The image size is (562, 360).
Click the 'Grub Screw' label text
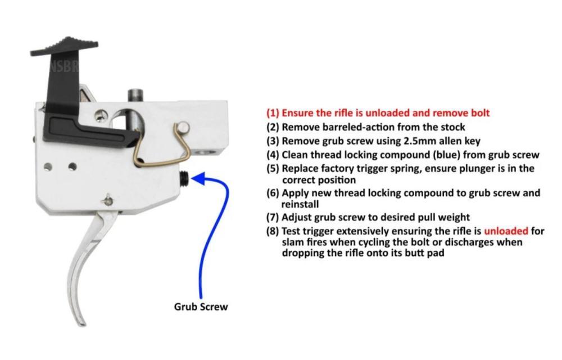(x=201, y=307)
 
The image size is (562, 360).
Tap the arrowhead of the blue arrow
(x=198, y=178)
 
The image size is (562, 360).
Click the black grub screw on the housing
(x=184, y=177)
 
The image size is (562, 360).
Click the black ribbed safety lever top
(x=64, y=46)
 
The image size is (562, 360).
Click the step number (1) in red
(x=273, y=113)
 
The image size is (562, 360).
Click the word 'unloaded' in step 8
(x=506, y=231)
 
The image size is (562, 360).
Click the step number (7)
(x=273, y=217)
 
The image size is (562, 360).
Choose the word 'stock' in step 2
(x=453, y=127)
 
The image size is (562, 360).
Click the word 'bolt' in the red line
(x=481, y=113)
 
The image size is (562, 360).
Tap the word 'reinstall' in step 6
(x=300, y=204)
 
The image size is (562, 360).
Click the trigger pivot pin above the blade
(x=108, y=200)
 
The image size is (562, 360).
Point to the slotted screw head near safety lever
(x=101, y=115)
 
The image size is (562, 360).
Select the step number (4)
(x=273, y=155)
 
